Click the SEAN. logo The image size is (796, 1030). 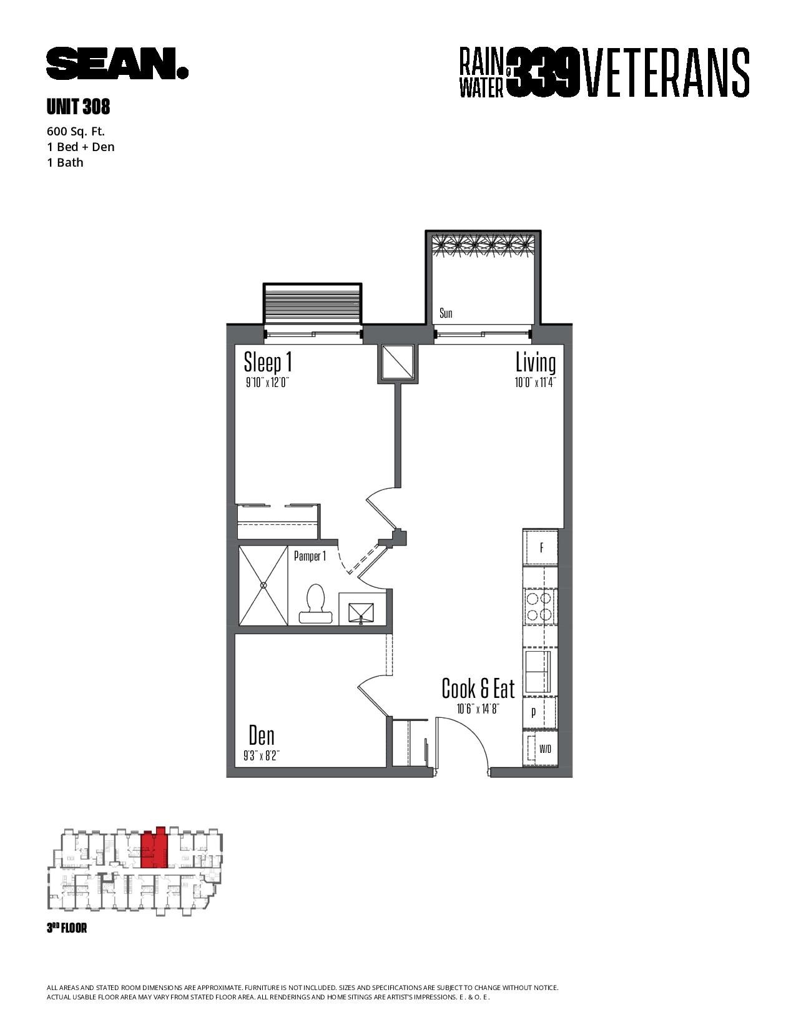[117, 64]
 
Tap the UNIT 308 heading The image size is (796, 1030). [78, 108]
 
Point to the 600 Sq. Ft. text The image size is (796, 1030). [76, 131]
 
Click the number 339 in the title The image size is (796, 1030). [544, 72]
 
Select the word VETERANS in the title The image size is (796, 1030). [667, 72]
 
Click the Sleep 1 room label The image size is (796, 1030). [268, 363]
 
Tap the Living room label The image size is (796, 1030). [536, 363]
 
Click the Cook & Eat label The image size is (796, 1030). [478, 689]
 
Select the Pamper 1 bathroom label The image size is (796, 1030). [310, 556]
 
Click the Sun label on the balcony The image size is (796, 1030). [446, 313]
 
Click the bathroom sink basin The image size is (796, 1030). [361, 612]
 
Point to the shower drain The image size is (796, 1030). [263, 586]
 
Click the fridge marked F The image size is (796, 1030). [541, 548]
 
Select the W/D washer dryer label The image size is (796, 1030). [545, 749]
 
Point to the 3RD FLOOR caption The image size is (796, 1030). [67, 928]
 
